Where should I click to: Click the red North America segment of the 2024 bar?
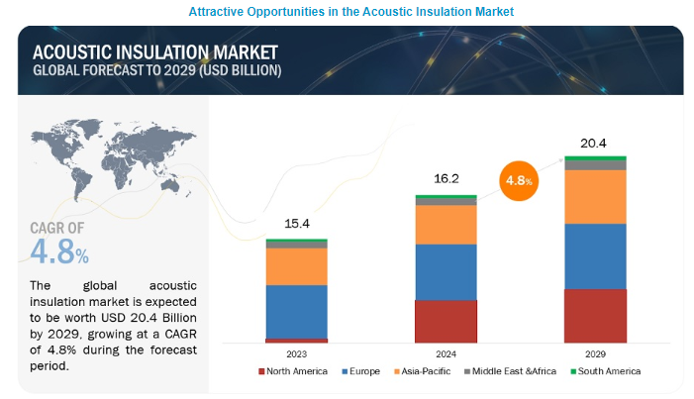446,321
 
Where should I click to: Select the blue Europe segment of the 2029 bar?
595,255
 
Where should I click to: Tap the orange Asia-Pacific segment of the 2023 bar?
296,266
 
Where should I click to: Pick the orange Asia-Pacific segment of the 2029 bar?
595,197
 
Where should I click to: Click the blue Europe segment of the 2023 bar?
296,311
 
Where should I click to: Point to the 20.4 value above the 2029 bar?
595,144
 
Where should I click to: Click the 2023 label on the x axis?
296,352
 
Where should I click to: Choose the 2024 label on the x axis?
446,352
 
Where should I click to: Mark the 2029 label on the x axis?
595,352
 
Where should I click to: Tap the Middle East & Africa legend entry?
511,371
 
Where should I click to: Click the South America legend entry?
606,371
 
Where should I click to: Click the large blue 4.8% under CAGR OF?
59,251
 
